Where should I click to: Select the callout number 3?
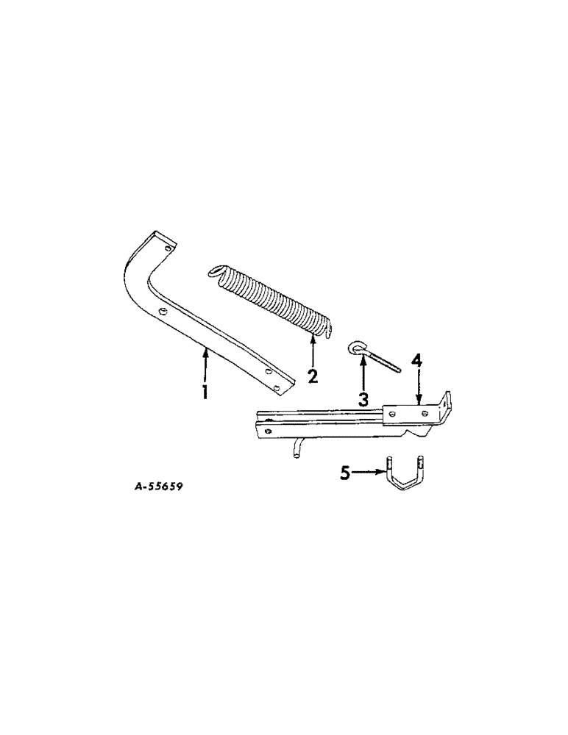pyautogui.click(x=363, y=399)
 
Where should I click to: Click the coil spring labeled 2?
pyautogui.click(x=269, y=298)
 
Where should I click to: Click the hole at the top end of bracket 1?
pyautogui.click(x=168, y=250)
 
